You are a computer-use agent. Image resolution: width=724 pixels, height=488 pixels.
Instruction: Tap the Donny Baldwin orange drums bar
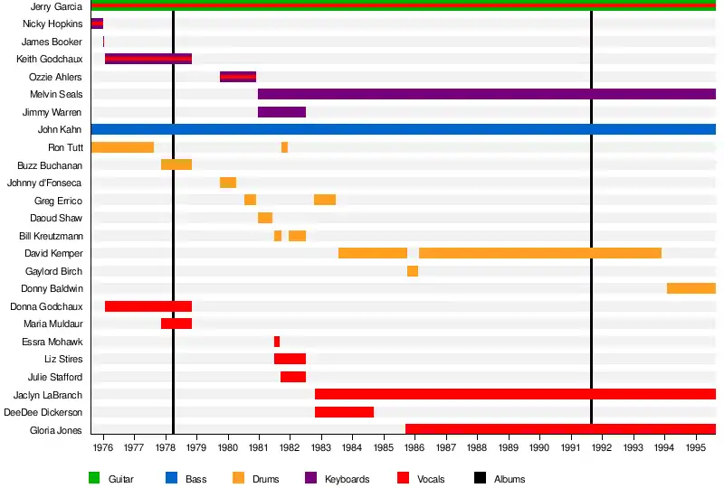[x=691, y=288]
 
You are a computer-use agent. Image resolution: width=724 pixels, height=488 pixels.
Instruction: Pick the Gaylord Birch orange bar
[x=413, y=271]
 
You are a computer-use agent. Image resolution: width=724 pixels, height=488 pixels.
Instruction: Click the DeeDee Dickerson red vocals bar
[x=344, y=412]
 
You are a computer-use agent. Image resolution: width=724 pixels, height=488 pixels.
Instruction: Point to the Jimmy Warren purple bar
[x=281, y=112]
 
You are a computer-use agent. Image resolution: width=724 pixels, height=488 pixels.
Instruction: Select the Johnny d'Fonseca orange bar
[x=228, y=183]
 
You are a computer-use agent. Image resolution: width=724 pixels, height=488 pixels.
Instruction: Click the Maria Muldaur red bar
[x=176, y=324]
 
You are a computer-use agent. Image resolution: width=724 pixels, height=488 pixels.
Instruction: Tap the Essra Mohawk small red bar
[x=277, y=342]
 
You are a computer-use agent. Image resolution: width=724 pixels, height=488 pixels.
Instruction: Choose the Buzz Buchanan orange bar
[x=176, y=164]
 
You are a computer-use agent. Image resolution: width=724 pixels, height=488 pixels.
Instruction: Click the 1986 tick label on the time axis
[x=414, y=447]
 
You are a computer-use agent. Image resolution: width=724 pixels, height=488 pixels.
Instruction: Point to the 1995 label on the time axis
[x=696, y=447]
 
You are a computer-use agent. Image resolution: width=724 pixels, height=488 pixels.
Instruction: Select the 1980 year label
[x=227, y=447]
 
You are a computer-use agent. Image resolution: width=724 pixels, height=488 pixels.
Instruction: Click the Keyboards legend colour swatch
[x=310, y=478]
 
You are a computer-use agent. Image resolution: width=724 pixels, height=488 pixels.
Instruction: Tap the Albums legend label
[x=510, y=479]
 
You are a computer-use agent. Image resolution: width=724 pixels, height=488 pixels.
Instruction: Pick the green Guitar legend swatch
[x=93, y=478]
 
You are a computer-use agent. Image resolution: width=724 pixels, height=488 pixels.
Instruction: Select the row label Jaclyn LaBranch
[x=48, y=395]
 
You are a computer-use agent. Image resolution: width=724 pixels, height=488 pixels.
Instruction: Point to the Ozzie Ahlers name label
[x=55, y=77]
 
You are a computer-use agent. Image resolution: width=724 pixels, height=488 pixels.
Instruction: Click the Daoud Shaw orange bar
[x=265, y=218]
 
